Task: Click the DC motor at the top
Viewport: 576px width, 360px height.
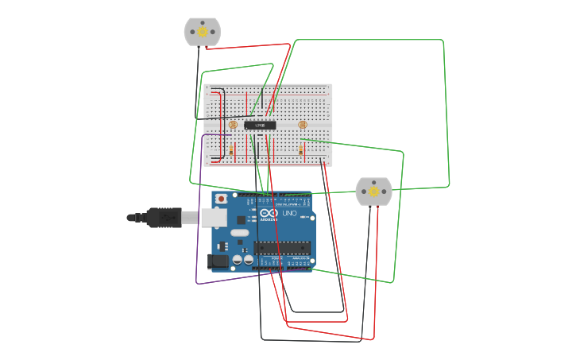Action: (x=202, y=32)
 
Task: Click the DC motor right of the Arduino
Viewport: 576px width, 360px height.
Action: (x=373, y=192)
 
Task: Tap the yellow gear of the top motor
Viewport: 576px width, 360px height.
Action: (x=202, y=32)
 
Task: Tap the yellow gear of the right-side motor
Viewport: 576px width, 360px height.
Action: (x=373, y=192)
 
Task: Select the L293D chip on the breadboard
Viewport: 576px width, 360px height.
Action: (x=260, y=125)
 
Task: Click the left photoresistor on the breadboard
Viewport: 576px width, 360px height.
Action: (x=232, y=125)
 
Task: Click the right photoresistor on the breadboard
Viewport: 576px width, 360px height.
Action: (x=301, y=124)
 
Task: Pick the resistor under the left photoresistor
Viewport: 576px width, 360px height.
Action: (x=231, y=150)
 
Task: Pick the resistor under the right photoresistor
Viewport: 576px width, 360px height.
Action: (x=300, y=150)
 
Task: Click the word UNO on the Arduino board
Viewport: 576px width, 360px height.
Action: (x=289, y=214)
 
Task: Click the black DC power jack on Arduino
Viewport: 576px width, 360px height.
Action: (x=217, y=260)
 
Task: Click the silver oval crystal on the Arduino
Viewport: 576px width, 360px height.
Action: (x=241, y=233)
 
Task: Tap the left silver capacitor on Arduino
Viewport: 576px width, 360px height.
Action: (x=238, y=259)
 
